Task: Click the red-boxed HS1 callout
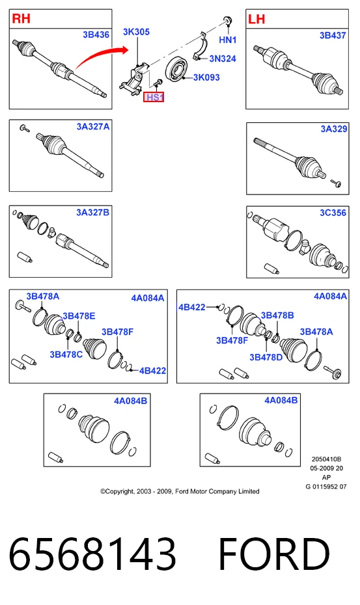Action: [154, 97]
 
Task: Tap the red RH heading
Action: [21, 18]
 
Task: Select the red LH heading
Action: [256, 19]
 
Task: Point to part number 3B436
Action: [96, 34]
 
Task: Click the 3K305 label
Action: [136, 32]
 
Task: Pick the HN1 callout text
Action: [227, 40]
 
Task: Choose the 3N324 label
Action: [223, 59]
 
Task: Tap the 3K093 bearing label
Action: [206, 77]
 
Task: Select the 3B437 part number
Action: [333, 35]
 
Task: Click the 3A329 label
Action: [334, 129]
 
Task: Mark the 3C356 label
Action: [333, 213]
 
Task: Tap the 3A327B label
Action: [92, 212]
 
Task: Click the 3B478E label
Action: [79, 316]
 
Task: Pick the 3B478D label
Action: [266, 357]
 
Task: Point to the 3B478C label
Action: [66, 354]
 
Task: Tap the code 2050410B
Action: [326, 459]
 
